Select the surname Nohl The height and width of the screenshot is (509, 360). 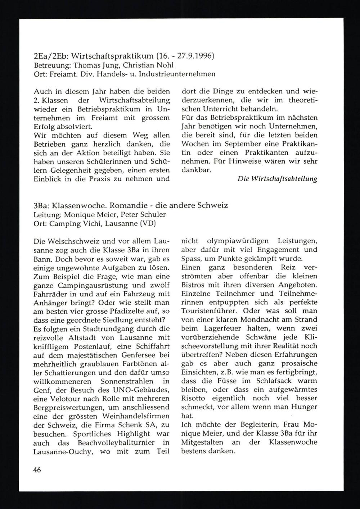[165, 65]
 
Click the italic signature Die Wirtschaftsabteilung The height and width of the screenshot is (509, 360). [277, 179]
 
